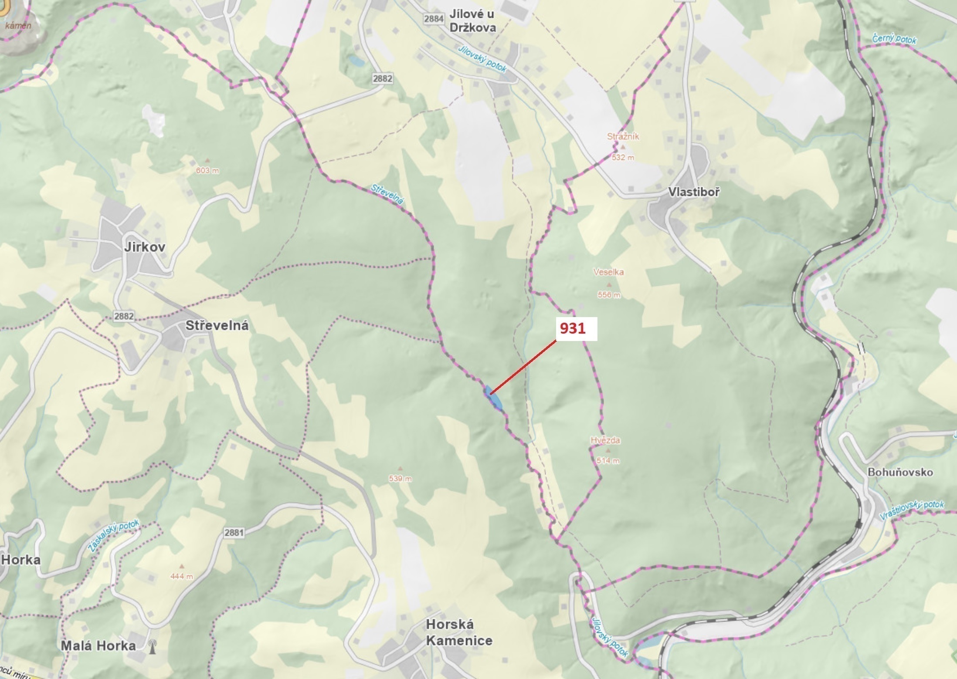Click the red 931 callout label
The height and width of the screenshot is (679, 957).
pyautogui.click(x=573, y=328)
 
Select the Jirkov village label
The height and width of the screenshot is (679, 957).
pyautogui.click(x=145, y=247)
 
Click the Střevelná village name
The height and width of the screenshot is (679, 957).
pyautogui.click(x=217, y=326)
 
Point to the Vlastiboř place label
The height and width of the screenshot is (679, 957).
pyautogui.click(x=694, y=192)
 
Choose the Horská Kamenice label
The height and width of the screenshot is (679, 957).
pyautogui.click(x=459, y=632)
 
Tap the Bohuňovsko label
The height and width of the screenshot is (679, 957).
pyautogui.click(x=900, y=472)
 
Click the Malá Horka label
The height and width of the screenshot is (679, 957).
pyautogui.click(x=98, y=645)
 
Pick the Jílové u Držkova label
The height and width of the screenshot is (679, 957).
pyautogui.click(x=472, y=20)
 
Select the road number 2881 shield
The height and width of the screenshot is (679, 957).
pyautogui.click(x=234, y=532)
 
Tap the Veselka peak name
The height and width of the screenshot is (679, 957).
pyautogui.click(x=608, y=272)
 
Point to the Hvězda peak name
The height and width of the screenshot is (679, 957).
pyautogui.click(x=605, y=440)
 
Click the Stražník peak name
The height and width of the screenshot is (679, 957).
pyautogui.click(x=623, y=137)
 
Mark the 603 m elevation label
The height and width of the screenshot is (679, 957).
pyautogui.click(x=207, y=171)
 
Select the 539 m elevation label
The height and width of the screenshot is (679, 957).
pyautogui.click(x=400, y=479)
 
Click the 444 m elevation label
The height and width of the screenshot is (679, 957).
pyautogui.click(x=182, y=577)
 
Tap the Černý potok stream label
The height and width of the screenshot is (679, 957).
pyautogui.click(x=894, y=39)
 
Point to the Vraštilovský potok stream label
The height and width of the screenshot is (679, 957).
pyautogui.click(x=912, y=510)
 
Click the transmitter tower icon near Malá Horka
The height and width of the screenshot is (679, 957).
pyautogui.click(x=152, y=646)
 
